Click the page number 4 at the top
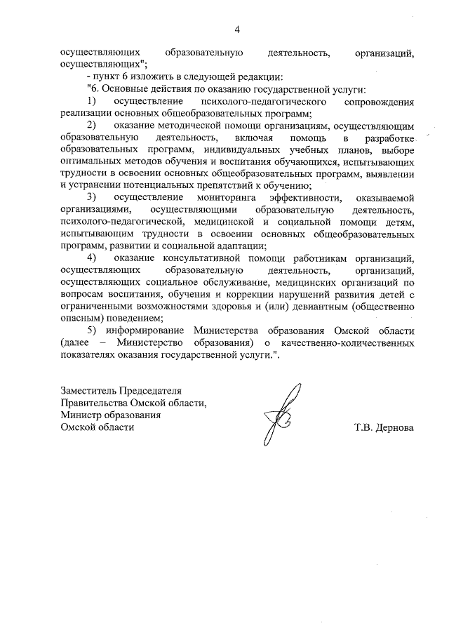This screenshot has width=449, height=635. point(236,29)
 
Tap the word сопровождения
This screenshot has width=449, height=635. point(375,102)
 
